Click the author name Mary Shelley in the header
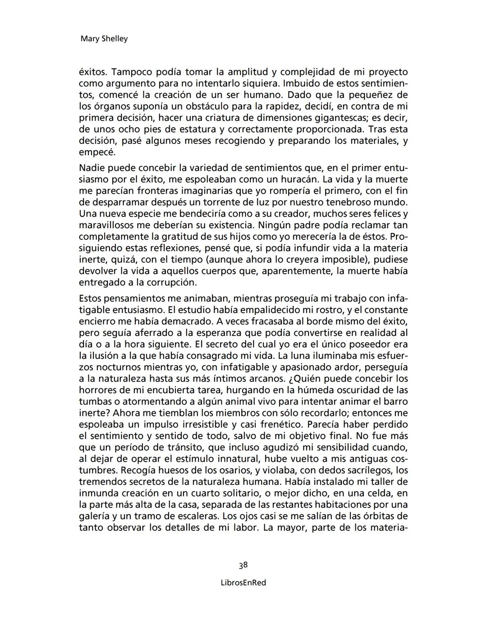pyautogui.click(x=104, y=39)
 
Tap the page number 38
pyautogui.click(x=243, y=565)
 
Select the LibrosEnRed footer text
pyautogui.click(x=243, y=583)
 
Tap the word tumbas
pyautogui.click(x=93, y=402)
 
